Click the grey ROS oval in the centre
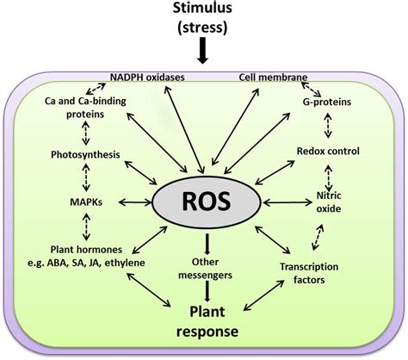coord(207,202)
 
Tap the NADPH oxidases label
coord(147,78)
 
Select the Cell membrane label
coord(273,78)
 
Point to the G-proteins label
coord(327,102)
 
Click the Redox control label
coord(328,151)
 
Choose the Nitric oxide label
coord(329,202)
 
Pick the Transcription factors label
coord(309,273)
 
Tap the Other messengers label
coord(205,269)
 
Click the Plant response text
coord(207,321)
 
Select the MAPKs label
coord(86,202)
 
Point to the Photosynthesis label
coord(85,155)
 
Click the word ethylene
coord(125,263)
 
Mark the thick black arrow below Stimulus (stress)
coord(203,50)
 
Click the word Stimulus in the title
coord(202,8)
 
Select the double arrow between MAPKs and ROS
coord(135,202)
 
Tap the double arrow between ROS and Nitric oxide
coord(287,202)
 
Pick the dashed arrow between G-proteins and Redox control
coord(328,126)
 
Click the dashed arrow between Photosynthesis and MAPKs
coord(86,177)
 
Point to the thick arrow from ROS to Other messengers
coord(207,245)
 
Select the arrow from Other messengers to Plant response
coord(207,291)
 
